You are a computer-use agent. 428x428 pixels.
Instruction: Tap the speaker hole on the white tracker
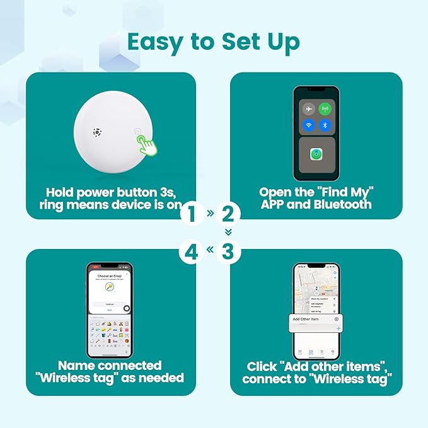96,132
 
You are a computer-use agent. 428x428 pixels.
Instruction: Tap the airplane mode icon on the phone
308,108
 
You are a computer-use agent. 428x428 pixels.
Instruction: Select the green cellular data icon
325,108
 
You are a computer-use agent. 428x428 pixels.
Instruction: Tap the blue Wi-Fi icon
308,125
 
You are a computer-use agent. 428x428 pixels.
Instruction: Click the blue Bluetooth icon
325,125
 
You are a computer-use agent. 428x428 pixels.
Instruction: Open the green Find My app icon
316,154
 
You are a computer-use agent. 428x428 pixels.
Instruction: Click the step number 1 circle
192,214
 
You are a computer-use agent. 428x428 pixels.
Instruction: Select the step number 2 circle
228,214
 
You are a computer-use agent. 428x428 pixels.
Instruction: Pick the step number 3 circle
228,252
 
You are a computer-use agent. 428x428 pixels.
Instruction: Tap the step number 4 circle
192,252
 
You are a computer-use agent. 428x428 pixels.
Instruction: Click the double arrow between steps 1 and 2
210,214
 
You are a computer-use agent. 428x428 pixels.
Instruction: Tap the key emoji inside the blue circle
109,287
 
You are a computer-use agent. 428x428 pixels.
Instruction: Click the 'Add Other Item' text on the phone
306,319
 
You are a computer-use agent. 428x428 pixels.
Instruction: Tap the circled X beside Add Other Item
337,319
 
